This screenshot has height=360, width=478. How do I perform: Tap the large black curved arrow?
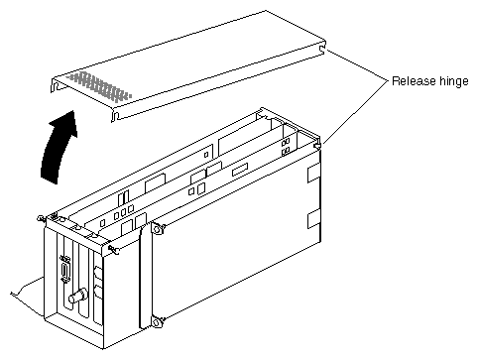59,148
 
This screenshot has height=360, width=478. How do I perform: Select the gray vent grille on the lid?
99,86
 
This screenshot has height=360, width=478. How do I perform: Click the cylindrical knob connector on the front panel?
78,296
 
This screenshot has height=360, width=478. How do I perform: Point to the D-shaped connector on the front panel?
65,269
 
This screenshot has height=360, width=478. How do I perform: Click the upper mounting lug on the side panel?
158,229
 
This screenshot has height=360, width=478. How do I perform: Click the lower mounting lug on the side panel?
158,321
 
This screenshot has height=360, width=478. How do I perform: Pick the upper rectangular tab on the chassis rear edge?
313,174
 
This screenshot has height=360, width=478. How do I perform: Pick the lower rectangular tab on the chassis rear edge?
313,218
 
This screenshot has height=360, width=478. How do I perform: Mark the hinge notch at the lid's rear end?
321,49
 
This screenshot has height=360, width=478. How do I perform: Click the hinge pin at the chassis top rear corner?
317,145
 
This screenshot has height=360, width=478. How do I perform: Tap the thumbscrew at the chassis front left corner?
42,219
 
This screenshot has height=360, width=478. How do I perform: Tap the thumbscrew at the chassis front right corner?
114,250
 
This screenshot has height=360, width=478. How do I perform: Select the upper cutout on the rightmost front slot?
98,273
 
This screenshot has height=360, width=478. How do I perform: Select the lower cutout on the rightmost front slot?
98,293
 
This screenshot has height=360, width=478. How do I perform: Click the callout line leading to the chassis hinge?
356,112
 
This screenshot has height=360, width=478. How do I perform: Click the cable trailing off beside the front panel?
27,287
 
